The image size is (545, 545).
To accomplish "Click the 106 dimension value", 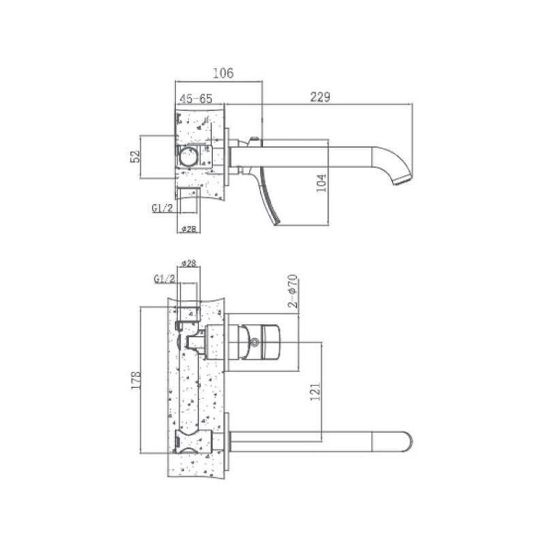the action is pyautogui.click(x=223, y=73).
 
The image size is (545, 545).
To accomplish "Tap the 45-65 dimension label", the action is pyautogui.click(x=196, y=99).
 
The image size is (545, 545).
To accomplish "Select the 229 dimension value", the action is pyautogui.click(x=320, y=97).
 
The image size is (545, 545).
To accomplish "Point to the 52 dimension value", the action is pyautogui.click(x=135, y=156).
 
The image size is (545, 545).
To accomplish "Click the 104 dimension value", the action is pyautogui.click(x=322, y=183).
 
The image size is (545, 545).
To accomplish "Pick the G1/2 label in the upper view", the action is pyautogui.click(x=162, y=208).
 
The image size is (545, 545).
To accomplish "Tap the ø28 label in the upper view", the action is pyautogui.click(x=189, y=229).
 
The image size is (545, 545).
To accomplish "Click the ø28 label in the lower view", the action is pyautogui.click(x=189, y=263).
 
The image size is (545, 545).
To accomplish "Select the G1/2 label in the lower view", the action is pyautogui.click(x=164, y=279).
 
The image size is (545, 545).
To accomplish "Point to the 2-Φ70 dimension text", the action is pyautogui.click(x=293, y=292).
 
